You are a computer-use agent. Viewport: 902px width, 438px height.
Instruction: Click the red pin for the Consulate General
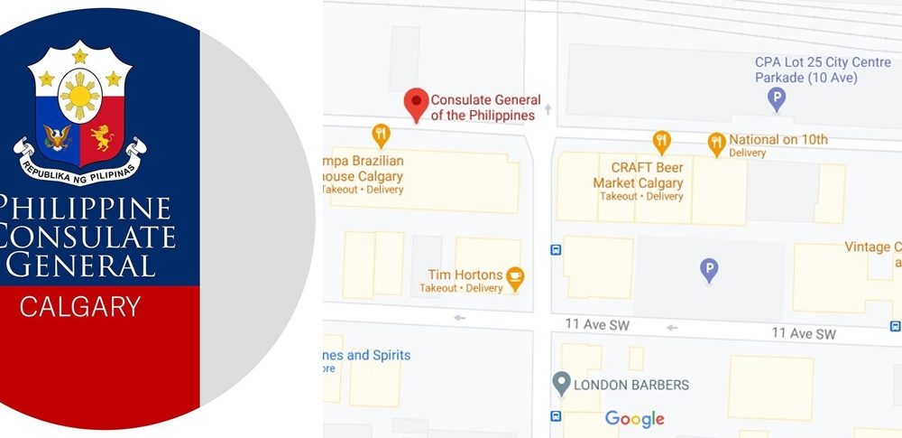(x=415, y=103)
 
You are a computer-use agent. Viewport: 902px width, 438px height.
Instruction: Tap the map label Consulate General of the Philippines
(x=485, y=107)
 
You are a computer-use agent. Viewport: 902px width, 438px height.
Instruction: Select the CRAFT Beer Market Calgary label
(x=638, y=176)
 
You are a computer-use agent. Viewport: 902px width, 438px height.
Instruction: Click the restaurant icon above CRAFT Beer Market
(x=662, y=142)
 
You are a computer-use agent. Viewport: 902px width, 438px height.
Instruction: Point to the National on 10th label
(x=778, y=140)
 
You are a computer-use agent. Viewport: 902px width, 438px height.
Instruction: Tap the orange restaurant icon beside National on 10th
(x=716, y=143)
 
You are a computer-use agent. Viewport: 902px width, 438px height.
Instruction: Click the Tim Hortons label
(x=465, y=275)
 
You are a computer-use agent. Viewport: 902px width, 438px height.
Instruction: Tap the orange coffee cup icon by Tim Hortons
(x=515, y=277)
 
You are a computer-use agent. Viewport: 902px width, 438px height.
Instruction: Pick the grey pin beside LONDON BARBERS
(x=561, y=383)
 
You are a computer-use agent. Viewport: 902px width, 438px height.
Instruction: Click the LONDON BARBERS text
(x=631, y=385)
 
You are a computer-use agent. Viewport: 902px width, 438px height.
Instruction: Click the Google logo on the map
(x=634, y=419)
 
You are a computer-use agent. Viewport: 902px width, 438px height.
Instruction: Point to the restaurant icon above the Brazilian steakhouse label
(x=382, y=135)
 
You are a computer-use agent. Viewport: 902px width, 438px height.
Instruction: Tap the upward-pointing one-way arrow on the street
(x=547, y=110)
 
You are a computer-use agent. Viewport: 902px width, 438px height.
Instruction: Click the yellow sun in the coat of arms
(x=79, y=95)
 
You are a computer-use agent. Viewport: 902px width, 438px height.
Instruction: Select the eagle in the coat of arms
(x=58, y=138)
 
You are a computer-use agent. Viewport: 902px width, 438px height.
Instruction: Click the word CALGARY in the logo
(x=79, y=307)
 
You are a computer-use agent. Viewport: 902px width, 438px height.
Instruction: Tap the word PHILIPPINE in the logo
(x=86, y=209)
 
